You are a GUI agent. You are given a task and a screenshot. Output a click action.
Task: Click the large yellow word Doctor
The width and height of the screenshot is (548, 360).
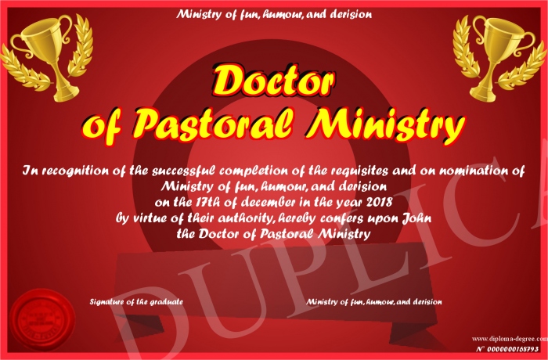pyautogui.click(x=272, y=81)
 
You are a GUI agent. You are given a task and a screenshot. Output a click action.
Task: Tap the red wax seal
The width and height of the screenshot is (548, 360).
pyautogui.click(x=42, y=320)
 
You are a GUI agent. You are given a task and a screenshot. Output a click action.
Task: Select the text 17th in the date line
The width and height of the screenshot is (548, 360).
pyautogui.click(x=200, y=202)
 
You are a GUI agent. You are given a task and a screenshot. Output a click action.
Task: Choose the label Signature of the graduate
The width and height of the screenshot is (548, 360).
pyautogui.click(x=136, y=301)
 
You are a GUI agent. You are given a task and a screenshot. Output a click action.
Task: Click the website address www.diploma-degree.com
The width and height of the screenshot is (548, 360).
pyautogui.click(x=510, y=338)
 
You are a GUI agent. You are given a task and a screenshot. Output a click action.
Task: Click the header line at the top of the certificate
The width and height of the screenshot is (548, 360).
pyautogui.click(x=274, y=14)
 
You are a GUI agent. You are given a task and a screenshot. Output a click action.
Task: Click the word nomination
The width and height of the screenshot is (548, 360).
pyautogui.click(x=473, y=171)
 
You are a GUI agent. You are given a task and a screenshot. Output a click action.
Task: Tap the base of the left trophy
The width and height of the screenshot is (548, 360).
pyautogui.click(x=67, y=94)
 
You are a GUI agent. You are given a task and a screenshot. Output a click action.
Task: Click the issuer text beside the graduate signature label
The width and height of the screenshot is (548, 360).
pyautogui.click(x=374, y=301)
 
